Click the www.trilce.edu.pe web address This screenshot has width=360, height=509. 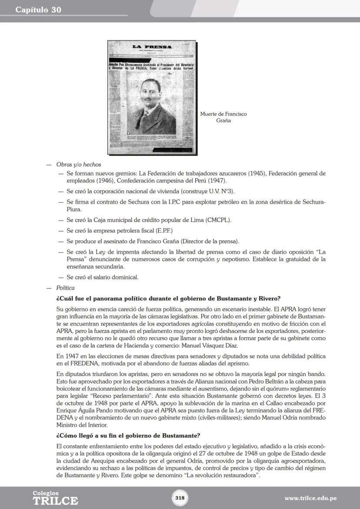coord(310,498)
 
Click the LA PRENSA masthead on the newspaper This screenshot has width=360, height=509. coord(152,47)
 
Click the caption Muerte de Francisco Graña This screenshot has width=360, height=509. coord(223,117)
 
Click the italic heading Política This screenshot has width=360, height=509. coord(65,288)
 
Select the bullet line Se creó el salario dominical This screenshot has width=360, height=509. coord(102,277)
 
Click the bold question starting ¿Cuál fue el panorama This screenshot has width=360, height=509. coord(168,299)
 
